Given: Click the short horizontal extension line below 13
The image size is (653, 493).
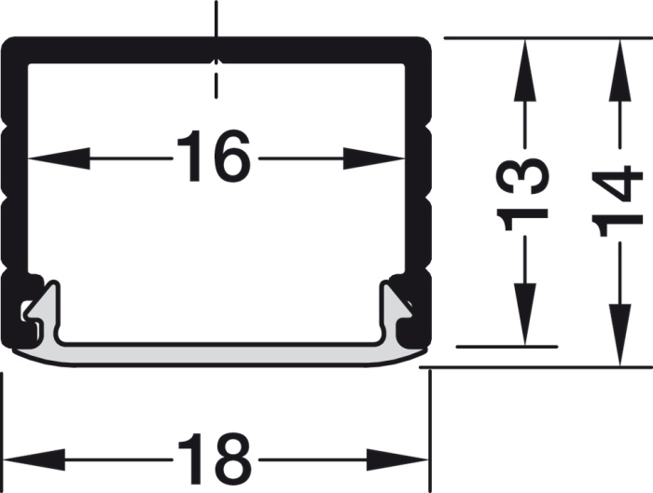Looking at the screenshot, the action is [508, 347].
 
